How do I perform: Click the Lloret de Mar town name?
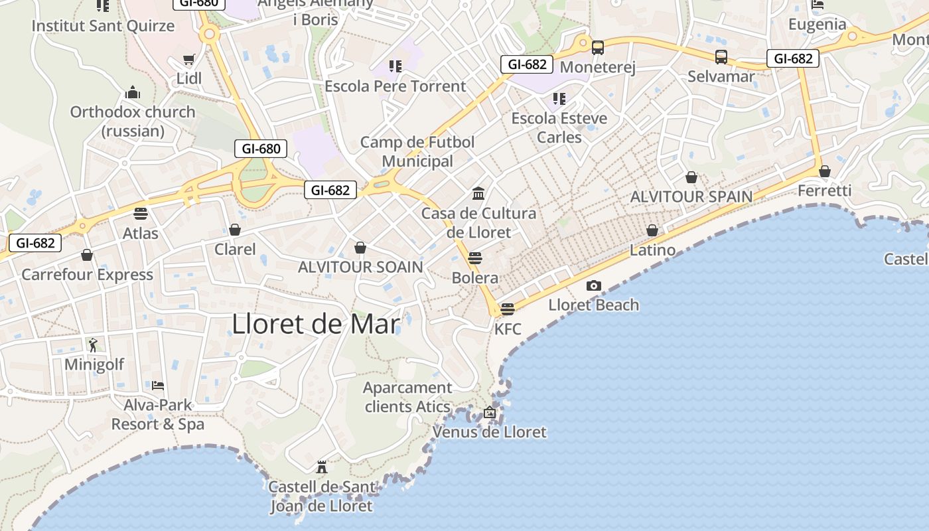[x=316, y=324]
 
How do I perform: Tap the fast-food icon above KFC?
[x=508, y=309]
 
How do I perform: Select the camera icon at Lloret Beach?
[x=594, y=286]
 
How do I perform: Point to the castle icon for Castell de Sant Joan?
[x=322, y=467]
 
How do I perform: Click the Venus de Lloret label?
[x=490, y=432]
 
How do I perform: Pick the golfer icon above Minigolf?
[x=93, y=344]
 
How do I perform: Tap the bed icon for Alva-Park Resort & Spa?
[x=158, y=385]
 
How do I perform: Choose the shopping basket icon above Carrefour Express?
[x=87, y=255]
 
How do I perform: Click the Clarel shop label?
[x=235, y=250]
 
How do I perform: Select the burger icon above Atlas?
[x=140, y=214]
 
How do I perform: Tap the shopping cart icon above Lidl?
[x=189, y=59]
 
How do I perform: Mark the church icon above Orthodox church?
[x=133, y=92]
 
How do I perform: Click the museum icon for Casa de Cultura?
[x=478, y=194]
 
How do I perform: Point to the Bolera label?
[x=475, y=277]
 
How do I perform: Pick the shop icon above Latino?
[x=652, y=230]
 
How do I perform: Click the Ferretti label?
[x=824, y=191]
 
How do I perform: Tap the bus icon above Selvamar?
[x=721, y=57]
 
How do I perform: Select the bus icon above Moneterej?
[x=598, y=48]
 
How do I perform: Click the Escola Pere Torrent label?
[x=395, y=86]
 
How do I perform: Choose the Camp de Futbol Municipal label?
[x=417, y=151]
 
